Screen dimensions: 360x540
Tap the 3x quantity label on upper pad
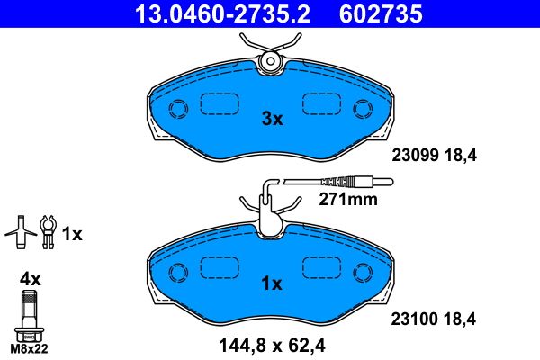(x=272, y=119)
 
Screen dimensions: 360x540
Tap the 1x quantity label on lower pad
(x=272, y=283)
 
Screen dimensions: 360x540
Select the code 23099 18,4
(x=433, y=155)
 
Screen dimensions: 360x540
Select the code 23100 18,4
(x=433, y=318)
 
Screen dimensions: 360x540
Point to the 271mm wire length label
(x=348, y=200)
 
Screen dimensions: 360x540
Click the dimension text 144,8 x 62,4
(x=272, y=342)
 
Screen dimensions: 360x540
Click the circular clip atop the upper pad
(x=268, y=61)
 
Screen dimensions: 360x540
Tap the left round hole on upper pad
(x=177, y=109)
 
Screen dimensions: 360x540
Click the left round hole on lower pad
(x=177, y=270)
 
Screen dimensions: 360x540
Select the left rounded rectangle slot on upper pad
(x=217, y=104)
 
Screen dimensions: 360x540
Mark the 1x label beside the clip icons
(x=72, y=235)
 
